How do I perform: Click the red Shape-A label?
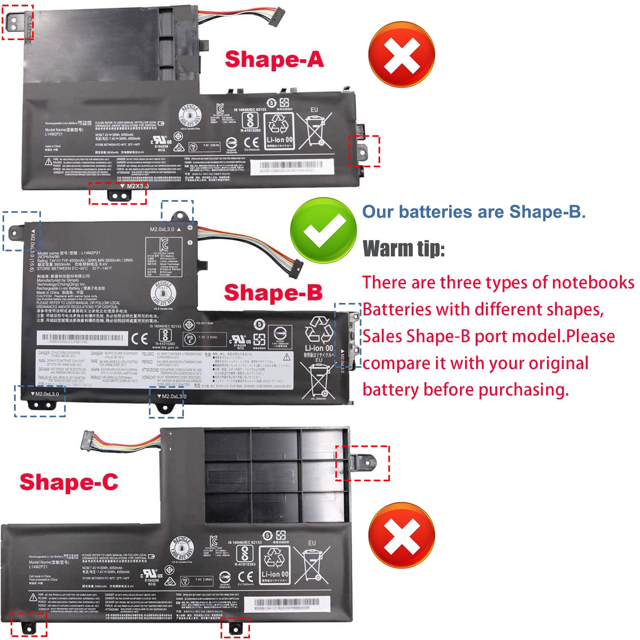[x=274, y=59]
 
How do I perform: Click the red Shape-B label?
[x=273, y=293]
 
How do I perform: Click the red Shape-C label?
[x=69, y=482]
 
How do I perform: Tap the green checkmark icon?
[x=323, y=231]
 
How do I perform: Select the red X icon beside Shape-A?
[x=401, y=55]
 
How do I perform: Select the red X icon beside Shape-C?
[x=401, y=535]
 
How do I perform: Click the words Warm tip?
[x=403, y=248]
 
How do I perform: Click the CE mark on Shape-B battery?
[x=140, y=339]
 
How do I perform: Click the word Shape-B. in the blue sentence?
[x=547, y=212]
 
